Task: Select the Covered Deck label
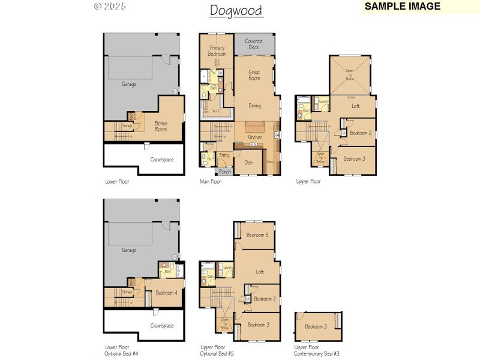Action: click(254, 44)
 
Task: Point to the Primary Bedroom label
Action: click(217, 51)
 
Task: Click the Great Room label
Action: click(254, 75)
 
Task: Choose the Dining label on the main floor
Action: click(254, 106)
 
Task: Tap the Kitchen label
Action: click(254, 137)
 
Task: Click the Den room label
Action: click(248, 162)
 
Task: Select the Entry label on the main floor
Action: click(224, 155)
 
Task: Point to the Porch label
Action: click(224, 172)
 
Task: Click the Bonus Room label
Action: click(160, 126)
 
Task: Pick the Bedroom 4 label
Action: click(166, 293)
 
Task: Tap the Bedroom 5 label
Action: click(257, 235)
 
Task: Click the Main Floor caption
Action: click(211, 181)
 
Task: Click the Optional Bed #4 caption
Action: click(122, 353)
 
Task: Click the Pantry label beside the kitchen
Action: click(270, 161)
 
